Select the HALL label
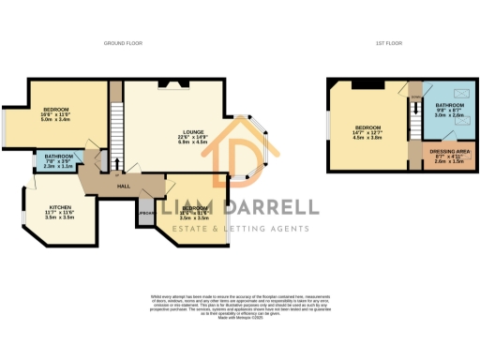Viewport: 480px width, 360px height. coord(123,187)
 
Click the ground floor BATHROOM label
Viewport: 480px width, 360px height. coord(59,156)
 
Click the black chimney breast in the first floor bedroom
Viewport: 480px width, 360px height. coord(370,86)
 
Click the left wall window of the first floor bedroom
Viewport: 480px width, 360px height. coord(327,126)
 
